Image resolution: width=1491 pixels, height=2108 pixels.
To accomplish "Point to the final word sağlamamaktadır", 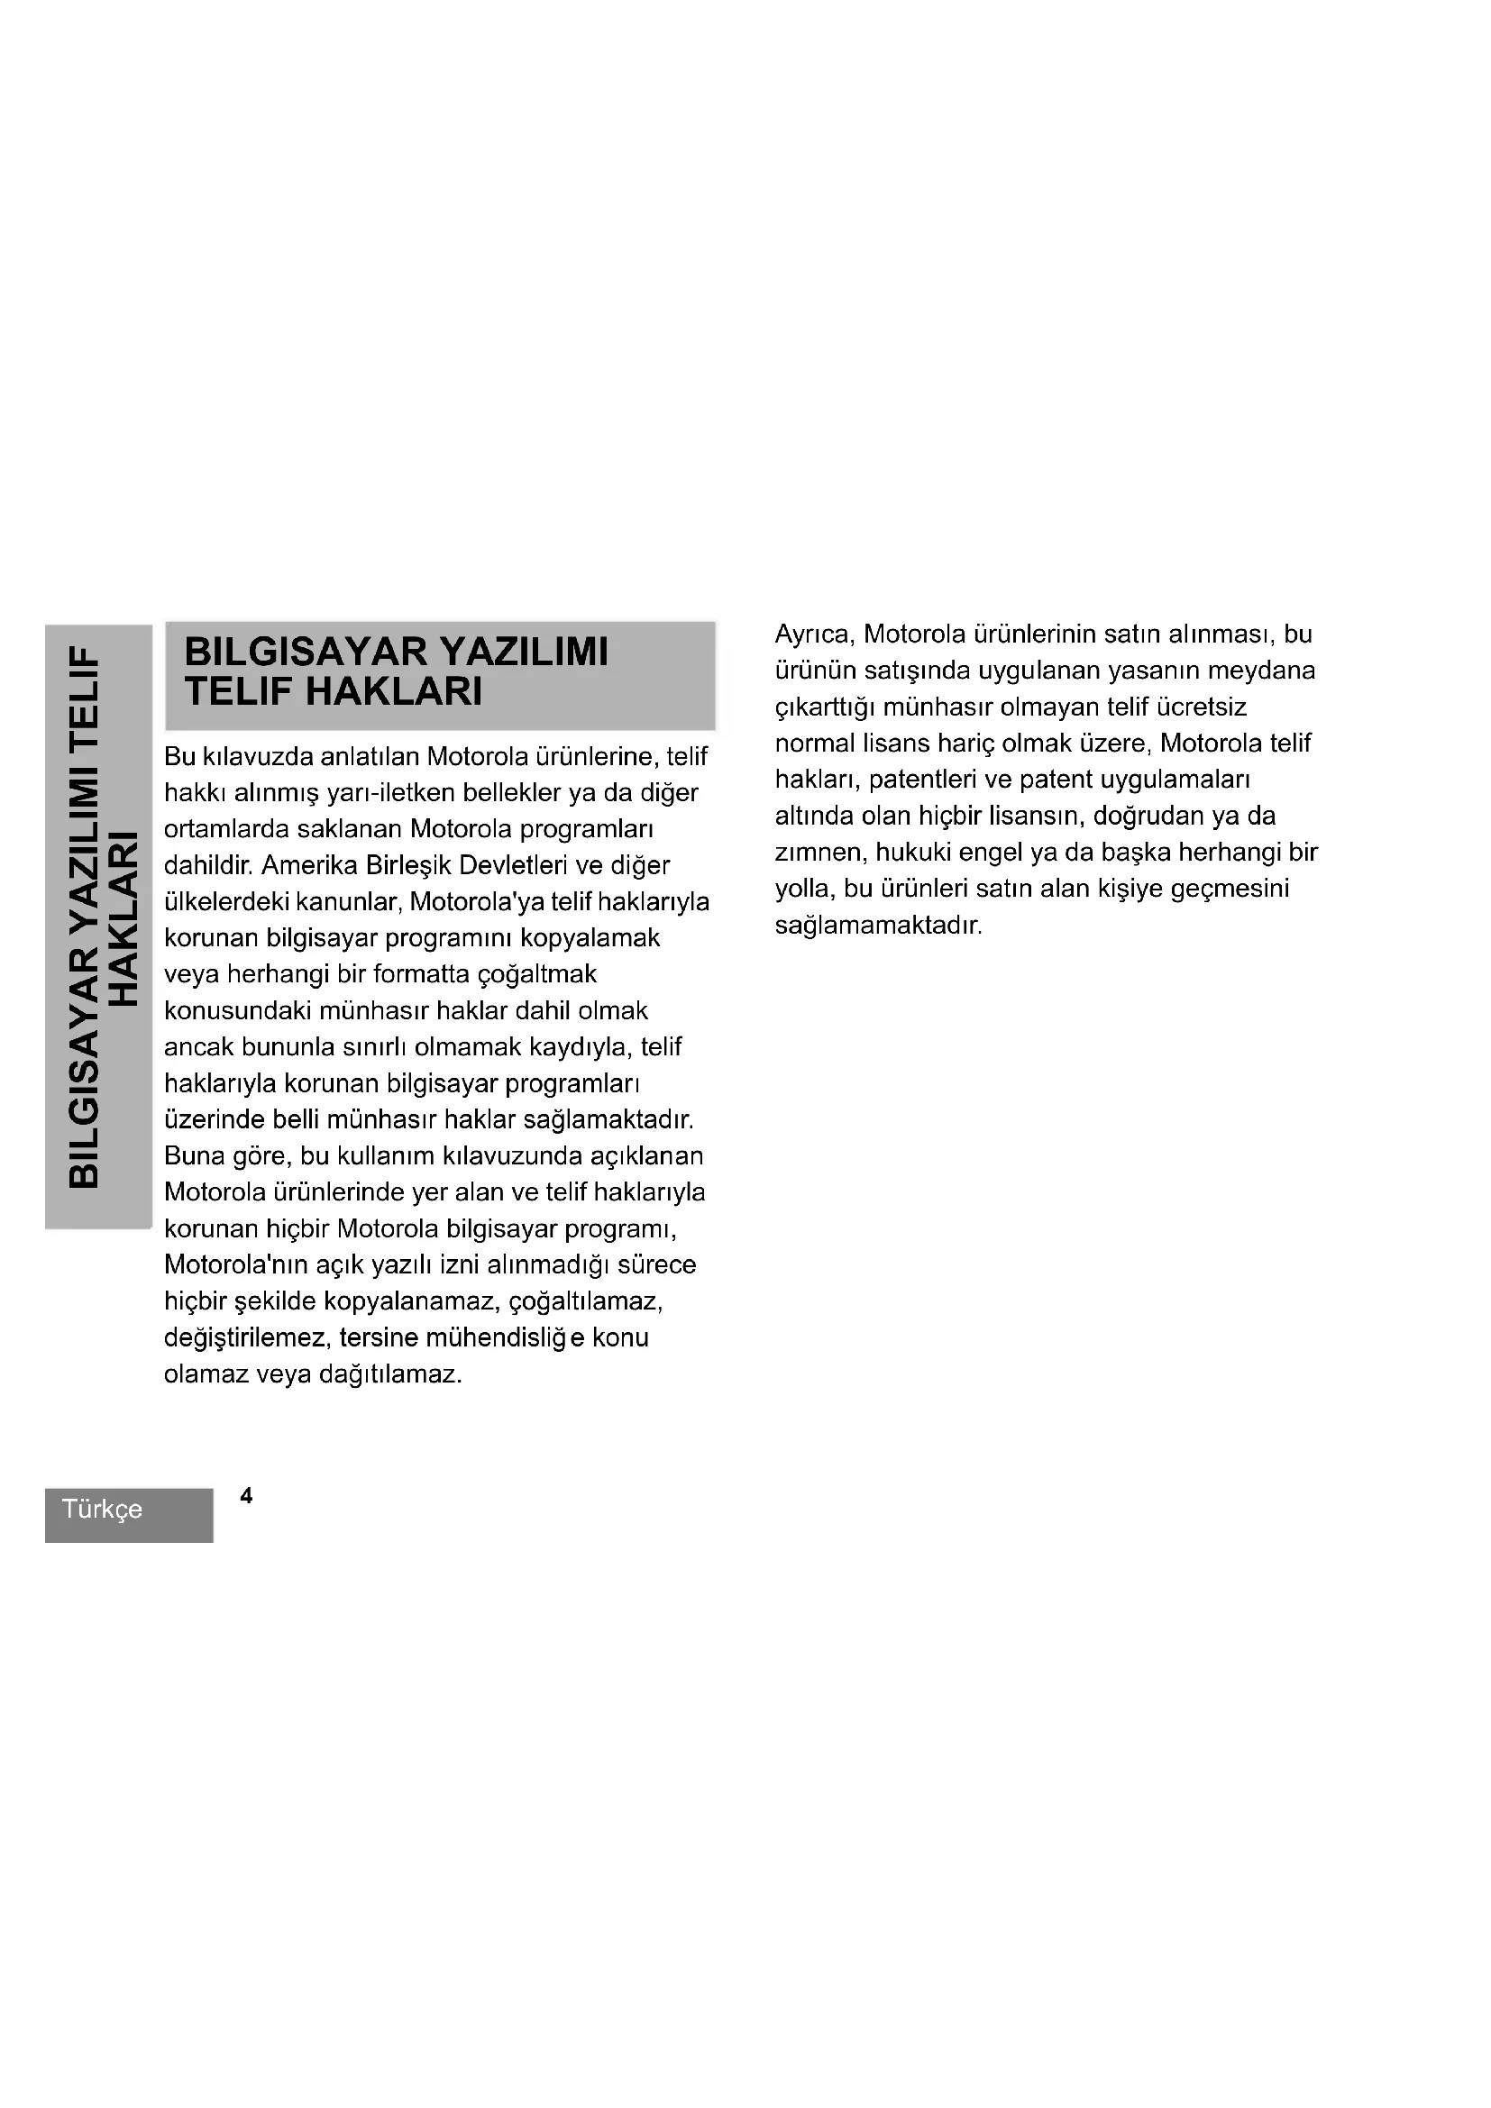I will (878, 925).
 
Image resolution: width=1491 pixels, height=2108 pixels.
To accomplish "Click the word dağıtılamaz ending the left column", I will (390, 1374).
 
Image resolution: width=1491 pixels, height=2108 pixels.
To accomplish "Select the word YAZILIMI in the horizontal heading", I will (525, 652).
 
